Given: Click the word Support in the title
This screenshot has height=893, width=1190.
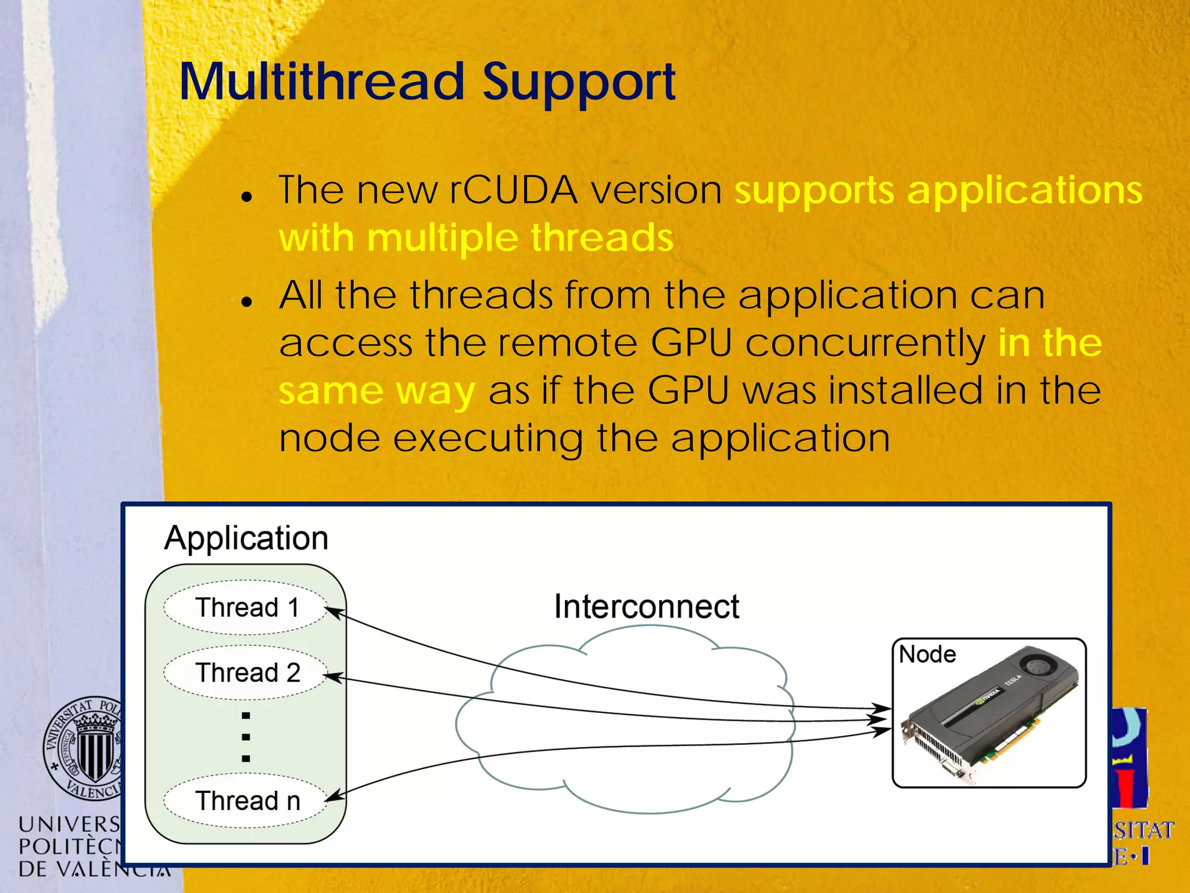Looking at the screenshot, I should click(579, 83).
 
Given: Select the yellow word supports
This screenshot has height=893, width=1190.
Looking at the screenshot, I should click(814, 191).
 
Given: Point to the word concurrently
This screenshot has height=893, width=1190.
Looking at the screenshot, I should click(865, 343).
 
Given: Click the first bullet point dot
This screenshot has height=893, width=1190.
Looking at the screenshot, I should click(247, 197).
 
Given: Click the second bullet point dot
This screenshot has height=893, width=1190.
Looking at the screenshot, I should click(247, 302).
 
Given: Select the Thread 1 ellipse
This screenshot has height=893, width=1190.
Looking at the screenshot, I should click(246, 608).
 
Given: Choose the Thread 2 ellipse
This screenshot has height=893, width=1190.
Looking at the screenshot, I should click(246, 673).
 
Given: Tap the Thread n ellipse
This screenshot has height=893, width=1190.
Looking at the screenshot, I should click(246, 801).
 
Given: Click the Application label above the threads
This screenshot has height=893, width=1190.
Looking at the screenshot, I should click(246, 538).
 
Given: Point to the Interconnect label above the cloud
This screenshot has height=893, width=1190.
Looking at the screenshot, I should click(646, 606).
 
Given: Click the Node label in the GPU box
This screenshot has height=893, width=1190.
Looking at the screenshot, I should click(927, 655).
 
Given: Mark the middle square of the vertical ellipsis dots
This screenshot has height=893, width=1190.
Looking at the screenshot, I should click(246, 737).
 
